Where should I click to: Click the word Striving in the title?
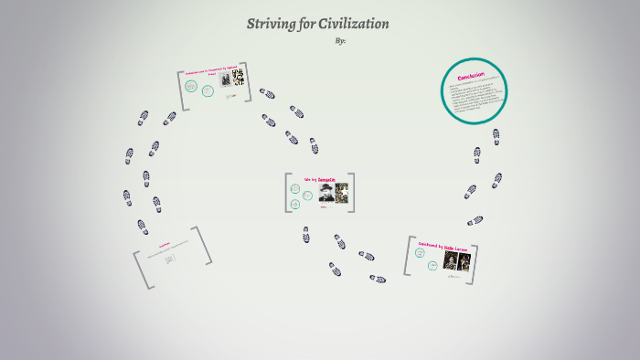271,23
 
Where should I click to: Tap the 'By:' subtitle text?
342,40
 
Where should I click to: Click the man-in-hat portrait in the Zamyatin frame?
325,193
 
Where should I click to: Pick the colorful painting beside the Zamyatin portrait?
341,193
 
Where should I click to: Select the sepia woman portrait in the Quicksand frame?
450,260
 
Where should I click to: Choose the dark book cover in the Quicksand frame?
464,260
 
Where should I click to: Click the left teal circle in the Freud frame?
191,87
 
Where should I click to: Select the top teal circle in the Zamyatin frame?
295,189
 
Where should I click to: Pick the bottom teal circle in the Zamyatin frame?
295,203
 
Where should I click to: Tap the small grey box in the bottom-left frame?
170,259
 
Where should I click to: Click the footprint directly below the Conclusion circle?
496,135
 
